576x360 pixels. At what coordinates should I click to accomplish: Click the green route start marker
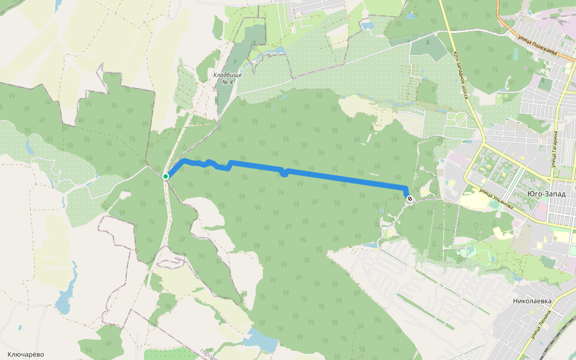click(x=166, y=176)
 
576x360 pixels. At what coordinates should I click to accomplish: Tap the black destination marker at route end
click(x=410, y=199)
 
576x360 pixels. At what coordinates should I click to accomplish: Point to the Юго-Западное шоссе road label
click(x=461, y=74)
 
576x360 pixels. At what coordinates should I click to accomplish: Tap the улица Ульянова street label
click(x=496, y=199)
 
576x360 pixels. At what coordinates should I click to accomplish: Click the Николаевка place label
click(x=532, y=301)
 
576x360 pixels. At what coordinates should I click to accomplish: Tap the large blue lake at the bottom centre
click(x=260, y=341)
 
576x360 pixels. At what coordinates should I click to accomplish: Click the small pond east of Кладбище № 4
click(x=277, y=52)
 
